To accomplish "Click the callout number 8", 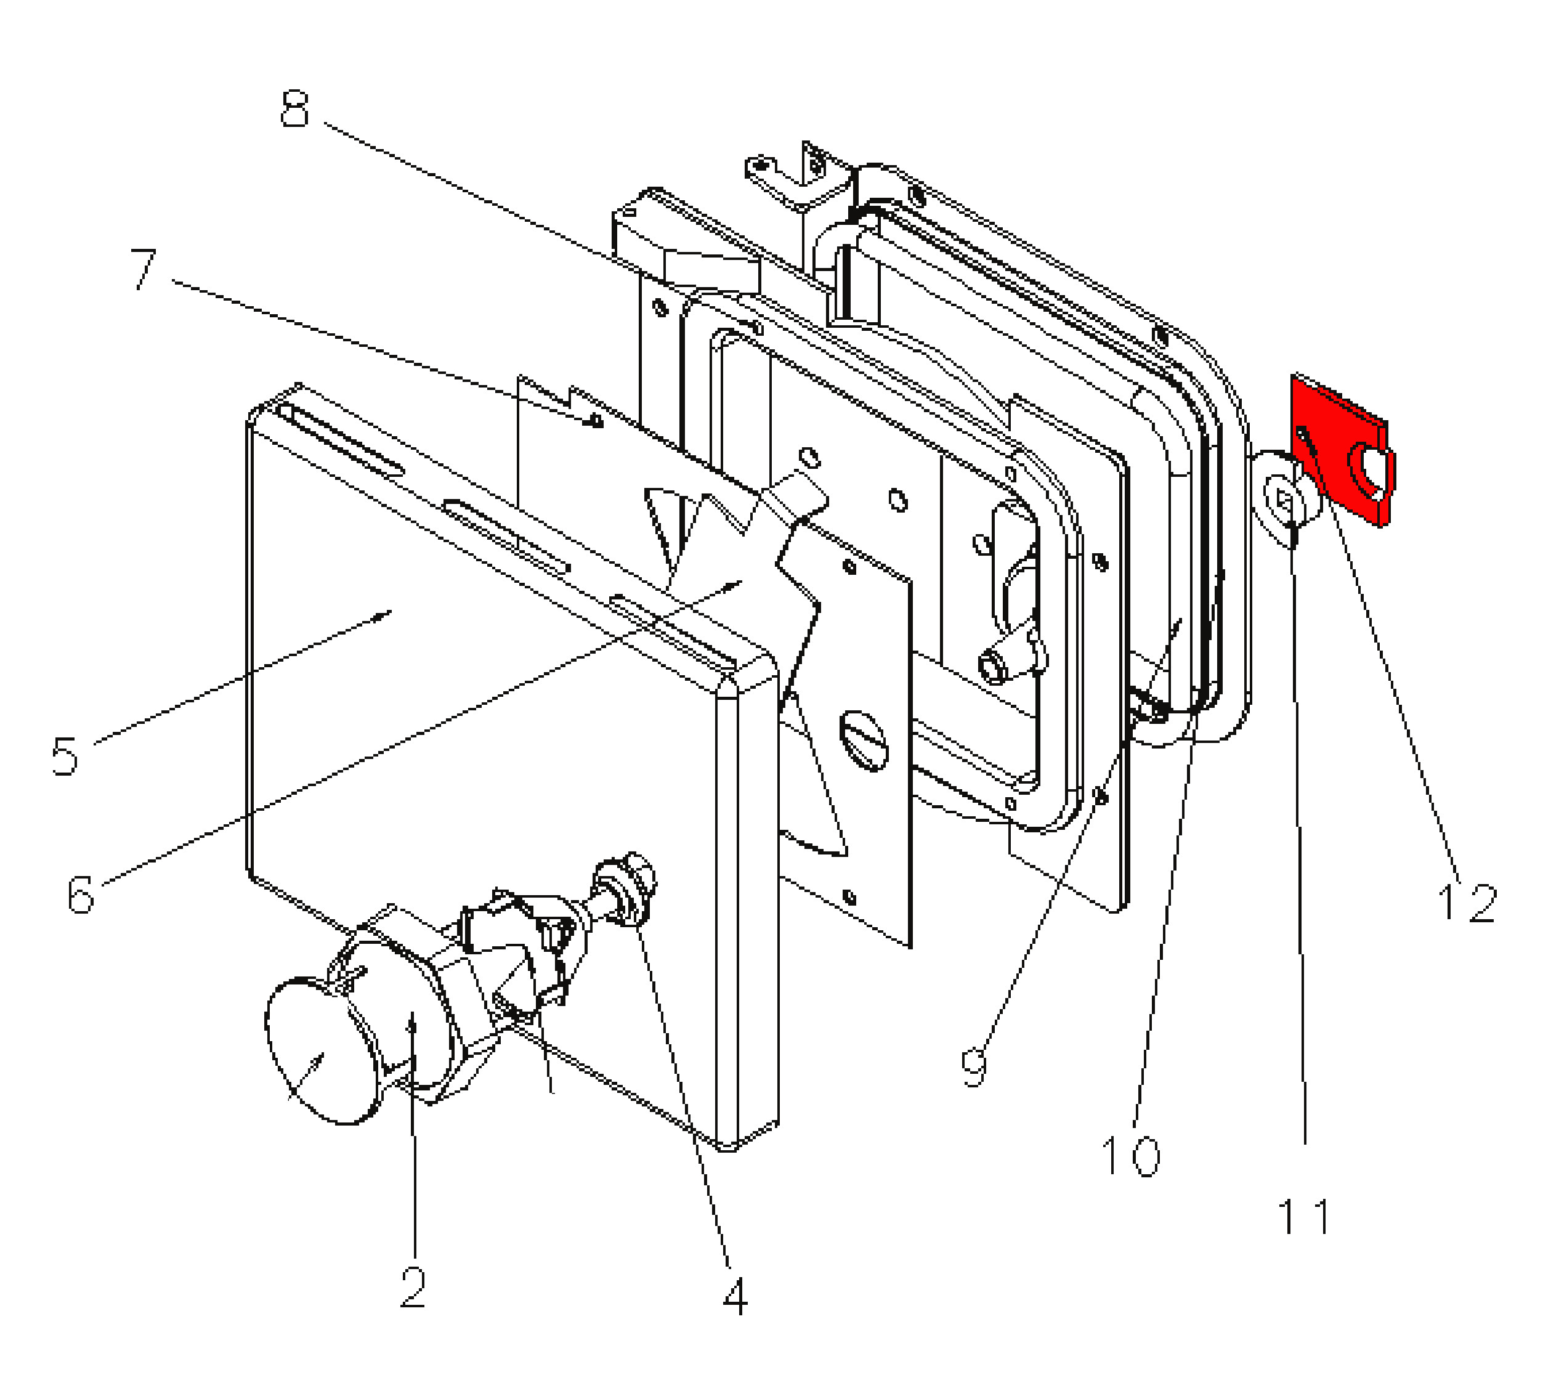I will coord(295,110).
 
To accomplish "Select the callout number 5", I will coord(65,755).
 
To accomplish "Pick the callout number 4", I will coord(735,1296).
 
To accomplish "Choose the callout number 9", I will coord(973,1067).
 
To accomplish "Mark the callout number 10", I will coord(1130,1155).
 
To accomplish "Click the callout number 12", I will coord(1467,903).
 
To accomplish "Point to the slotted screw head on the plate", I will coord(864,739).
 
